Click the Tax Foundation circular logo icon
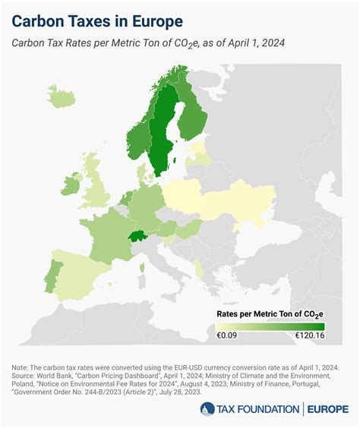point(208,409)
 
